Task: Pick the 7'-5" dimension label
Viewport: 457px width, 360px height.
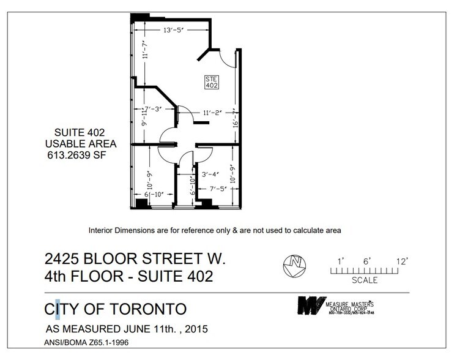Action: point(218,188)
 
